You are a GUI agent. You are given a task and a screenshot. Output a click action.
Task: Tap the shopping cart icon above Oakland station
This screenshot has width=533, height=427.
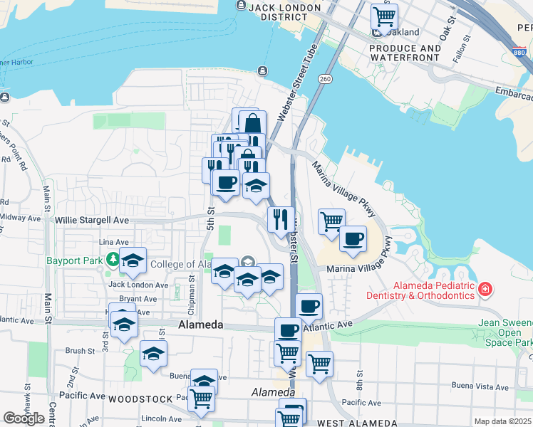coord(384,16)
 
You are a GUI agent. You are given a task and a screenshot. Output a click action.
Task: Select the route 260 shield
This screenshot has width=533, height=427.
coord(326,78)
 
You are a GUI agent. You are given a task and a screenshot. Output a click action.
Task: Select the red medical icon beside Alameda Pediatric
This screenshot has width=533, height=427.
coord(485,289)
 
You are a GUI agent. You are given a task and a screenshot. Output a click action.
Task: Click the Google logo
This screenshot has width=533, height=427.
coord(24,418)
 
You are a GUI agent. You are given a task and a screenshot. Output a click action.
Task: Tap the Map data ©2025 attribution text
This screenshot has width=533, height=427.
coord(502,421)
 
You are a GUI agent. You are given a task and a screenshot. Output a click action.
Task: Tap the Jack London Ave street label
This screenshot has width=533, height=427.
coord(138,285)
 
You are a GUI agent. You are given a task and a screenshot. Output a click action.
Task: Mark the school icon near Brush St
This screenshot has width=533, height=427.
coord(153,353)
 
